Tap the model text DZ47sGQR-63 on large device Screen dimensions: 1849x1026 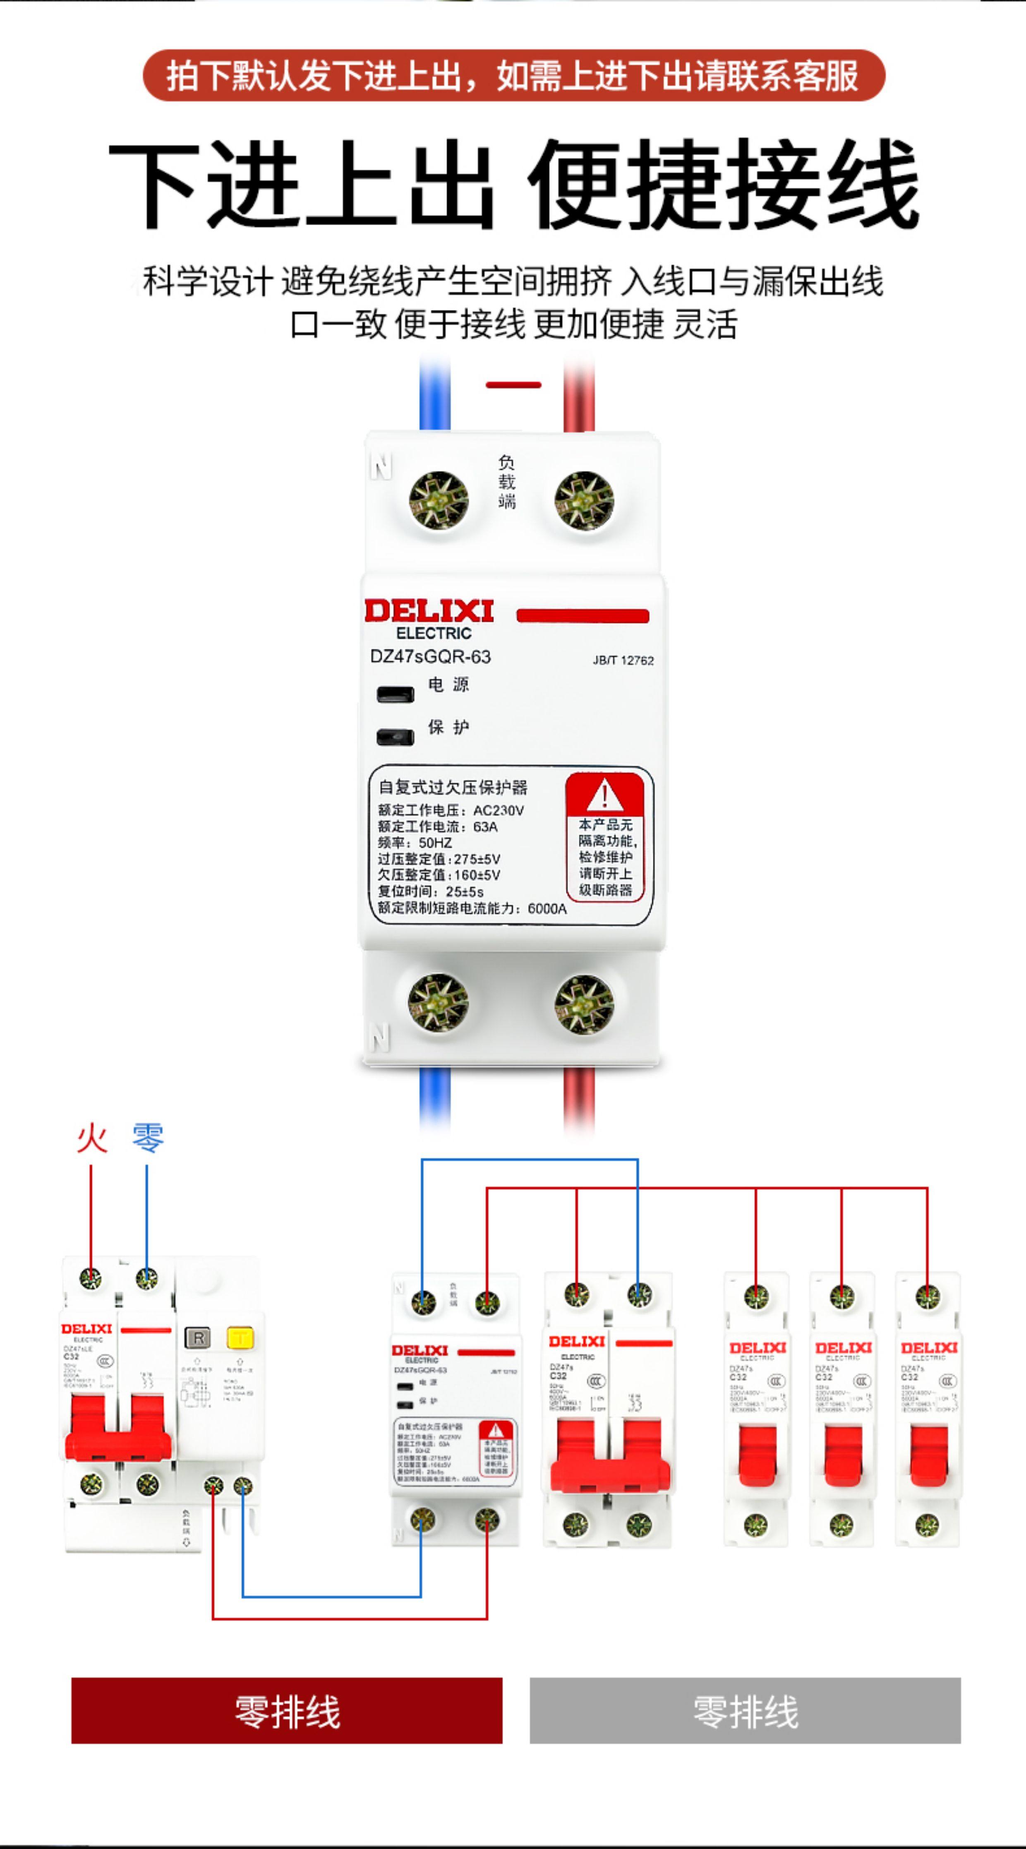pyautogui.click(x=431, y=657)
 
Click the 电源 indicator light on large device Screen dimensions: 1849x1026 pyautogui.click(x=396, y=694)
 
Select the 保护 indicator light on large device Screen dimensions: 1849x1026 pyautogui.click(x=396, y=737)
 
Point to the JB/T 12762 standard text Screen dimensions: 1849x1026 pyautogui.click(x=623, y=660)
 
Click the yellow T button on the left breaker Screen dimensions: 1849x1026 pyautogui.click(x=240, y=1337)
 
